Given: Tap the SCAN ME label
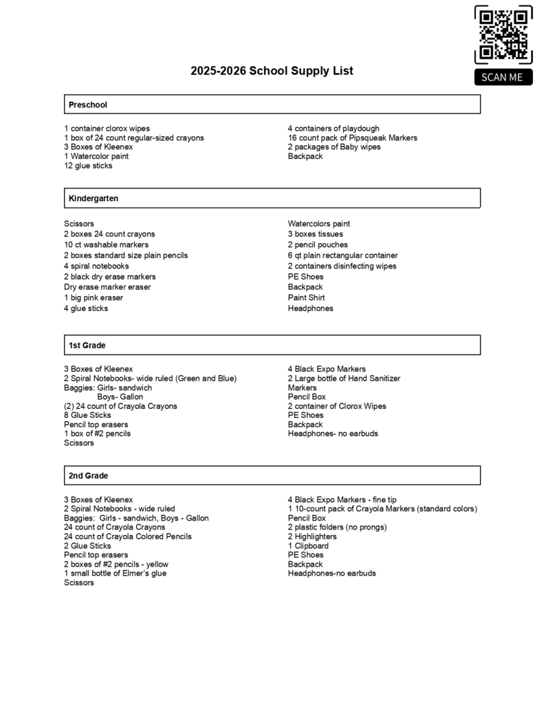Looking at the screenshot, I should (x=503, y=77).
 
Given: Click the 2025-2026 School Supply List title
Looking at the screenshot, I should (x=272, y=71).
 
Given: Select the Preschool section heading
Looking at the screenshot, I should (x=88, y=105).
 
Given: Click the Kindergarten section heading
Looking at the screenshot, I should (x=94, y=198).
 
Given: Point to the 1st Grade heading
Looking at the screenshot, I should (x=87, y=345).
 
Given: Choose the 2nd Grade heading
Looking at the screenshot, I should (x=89, y=476).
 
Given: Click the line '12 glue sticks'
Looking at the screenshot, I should (x=88, y=166).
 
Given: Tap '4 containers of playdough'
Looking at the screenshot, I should (x=334, y=129).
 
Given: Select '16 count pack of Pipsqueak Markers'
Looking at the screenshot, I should (x=352, y=138).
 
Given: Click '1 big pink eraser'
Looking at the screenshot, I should (x=94, y=298).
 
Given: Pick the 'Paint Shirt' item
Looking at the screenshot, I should (x=307, y=298).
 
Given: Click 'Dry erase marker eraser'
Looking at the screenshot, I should (x=107, y=287).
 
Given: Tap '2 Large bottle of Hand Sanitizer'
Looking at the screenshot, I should (x=344, y=379).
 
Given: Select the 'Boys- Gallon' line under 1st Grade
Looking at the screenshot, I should (x=120, y=397).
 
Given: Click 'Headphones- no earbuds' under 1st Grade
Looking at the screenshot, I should (x=333, y=434).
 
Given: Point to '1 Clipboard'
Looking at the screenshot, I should (x=308, y=546).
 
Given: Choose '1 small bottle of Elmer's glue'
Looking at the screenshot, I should (x=115, y=574).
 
